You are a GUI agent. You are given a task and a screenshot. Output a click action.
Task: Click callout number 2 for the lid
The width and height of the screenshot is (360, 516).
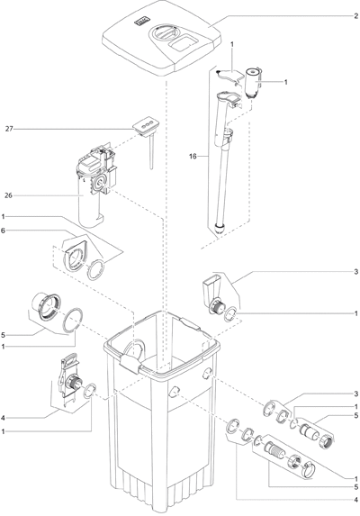tap(356, 16)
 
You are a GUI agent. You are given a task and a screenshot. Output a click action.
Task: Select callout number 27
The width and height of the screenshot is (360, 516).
tap(9, 129)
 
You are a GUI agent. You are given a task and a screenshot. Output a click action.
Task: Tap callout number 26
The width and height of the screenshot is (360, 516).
tap(8, 195)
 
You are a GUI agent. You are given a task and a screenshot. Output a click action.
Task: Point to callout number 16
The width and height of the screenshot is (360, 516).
tap(193, 157)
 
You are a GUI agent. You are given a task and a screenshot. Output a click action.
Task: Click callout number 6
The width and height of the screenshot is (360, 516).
tap(3, 231)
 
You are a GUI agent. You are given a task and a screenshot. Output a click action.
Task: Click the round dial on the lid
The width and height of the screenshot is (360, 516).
tap(165, 33)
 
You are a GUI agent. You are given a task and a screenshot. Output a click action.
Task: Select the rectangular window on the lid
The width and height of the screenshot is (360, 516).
tap(184, 43)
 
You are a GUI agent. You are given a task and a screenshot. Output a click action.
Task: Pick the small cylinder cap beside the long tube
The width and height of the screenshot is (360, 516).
tap(253, 82)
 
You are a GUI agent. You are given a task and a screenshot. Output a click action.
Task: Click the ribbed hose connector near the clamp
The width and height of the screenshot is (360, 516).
tap(275, 451)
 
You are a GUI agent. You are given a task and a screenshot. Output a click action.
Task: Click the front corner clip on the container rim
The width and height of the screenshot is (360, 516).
tap(130, 365)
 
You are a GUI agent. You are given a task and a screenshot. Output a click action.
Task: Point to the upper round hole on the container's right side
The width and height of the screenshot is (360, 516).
tap(207, 373)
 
